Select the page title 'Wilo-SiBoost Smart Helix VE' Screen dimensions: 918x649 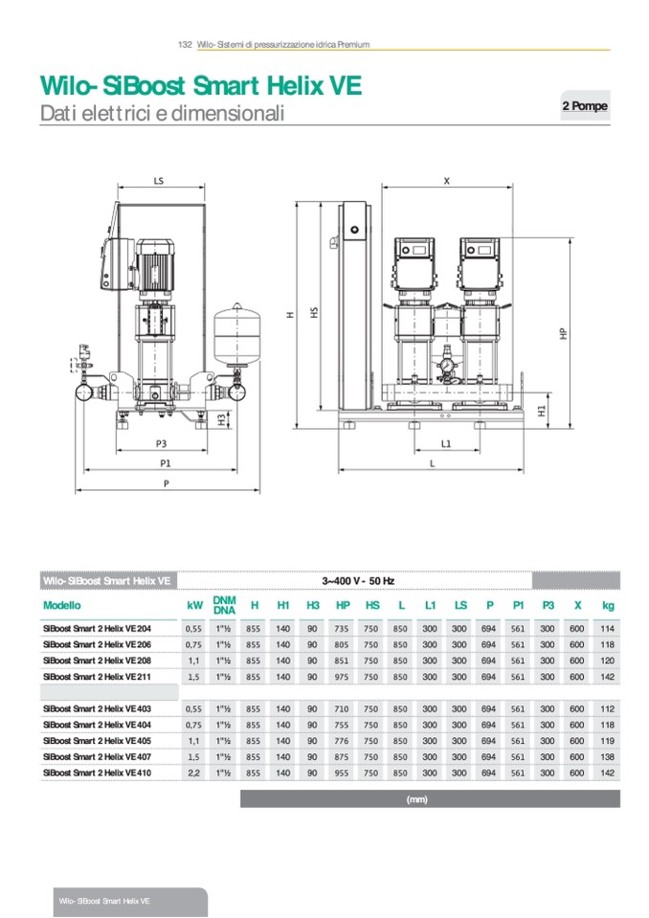pyautogui.click(x=200, y=86)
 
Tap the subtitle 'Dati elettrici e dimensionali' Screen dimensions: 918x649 pyautogui.click(x=162, y=113)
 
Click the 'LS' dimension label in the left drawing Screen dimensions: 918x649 pyautogui.click(x=158, y=179)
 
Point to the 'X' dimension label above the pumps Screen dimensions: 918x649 pyautogui.click(x=447, y=179)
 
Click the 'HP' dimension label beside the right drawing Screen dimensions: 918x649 pyautogui.click(x=564, y=332)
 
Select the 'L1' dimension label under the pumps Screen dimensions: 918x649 pyautogui.click(x=446, y=444)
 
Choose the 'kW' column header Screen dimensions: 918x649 pyautogui.click(x=194, y=605)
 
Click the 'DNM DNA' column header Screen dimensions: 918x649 pyautogui.click(x=224, y=605)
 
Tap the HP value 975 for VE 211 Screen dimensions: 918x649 pyautogui.click(x=343, y=677)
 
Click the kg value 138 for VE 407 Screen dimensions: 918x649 pyautogui.click(x=607, y=756)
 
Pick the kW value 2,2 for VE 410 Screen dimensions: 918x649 pyautogui.click(x=194, y=771)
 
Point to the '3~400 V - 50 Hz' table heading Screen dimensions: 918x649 pyautogui.click(x=355, y=580)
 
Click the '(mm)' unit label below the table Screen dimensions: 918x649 pyautogui.click(x=416, y=798)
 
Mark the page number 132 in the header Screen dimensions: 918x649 pyautogui.click(x=186, y=45)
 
